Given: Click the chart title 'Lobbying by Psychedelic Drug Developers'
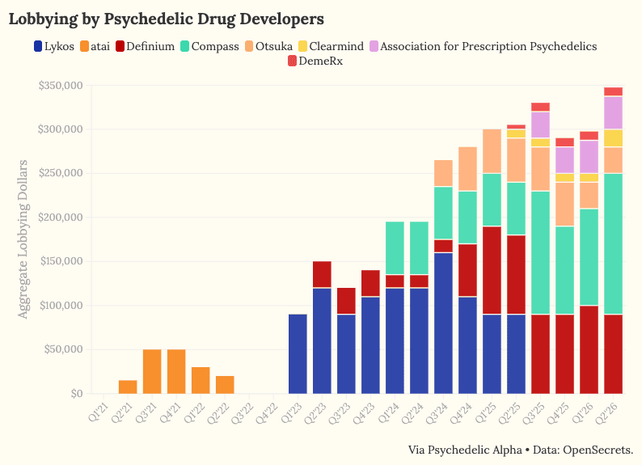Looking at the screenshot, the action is click(x=167, y=19).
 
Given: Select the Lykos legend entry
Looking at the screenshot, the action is click(x=54, y=46).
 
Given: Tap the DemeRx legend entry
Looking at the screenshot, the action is click(x=315, y=61).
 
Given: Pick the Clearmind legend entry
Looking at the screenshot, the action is click(x=331, y=46).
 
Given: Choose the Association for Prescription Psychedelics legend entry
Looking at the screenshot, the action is click(x=484, y=46).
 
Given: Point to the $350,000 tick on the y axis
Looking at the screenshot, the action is click(x=60, y=86).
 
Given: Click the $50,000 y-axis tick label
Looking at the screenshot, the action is click(x=62, y=349).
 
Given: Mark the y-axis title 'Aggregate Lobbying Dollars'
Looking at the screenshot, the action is click(x=23, y=239).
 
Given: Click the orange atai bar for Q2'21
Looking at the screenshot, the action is click(x=128, y=387).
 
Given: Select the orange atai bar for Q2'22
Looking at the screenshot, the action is click(x=225, y=385).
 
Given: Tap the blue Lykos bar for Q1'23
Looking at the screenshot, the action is click(x=298, y=354).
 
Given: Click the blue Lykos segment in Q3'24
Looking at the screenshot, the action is click(x=443, y=323).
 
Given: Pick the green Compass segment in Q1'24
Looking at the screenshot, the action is click(x=395, y=248).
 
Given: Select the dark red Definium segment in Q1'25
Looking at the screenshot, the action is click(x=492, y=270).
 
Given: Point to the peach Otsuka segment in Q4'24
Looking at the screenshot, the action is click(x=467, y=169).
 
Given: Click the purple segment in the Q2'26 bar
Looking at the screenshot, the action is click(x=614, y=113).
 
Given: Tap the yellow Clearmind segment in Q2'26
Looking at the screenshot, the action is click(x=614, y=138).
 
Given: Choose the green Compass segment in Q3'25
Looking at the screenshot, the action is click(x=540, y=252).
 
